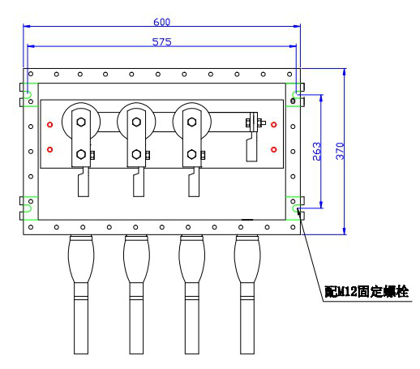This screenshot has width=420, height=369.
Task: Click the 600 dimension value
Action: coord(162,22)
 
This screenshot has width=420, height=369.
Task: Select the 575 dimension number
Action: coord(162,42)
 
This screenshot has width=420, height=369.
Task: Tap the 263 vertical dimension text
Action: coord(317,152)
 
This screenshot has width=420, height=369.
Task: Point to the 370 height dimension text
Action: coord(340,151)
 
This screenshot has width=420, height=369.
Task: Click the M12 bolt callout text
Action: coord(366,292)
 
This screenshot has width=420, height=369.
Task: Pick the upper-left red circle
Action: coord(49,125)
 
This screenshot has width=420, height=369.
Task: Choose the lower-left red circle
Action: coord(49,149)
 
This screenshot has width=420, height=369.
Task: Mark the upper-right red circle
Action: coord(274,125)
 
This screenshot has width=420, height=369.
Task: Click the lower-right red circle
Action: coord(274,149)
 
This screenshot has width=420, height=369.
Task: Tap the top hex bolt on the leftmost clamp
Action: coord(81,122)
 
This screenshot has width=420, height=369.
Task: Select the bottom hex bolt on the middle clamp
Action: coord(136,154)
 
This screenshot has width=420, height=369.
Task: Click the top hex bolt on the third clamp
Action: coord(192,122)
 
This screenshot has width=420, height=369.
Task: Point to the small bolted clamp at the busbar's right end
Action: coord(255,122)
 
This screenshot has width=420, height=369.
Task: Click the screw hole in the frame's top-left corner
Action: coord(31,74)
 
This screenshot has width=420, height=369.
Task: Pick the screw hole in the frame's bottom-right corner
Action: coord(293,227)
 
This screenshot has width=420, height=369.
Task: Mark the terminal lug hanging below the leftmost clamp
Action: coord(84,182)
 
